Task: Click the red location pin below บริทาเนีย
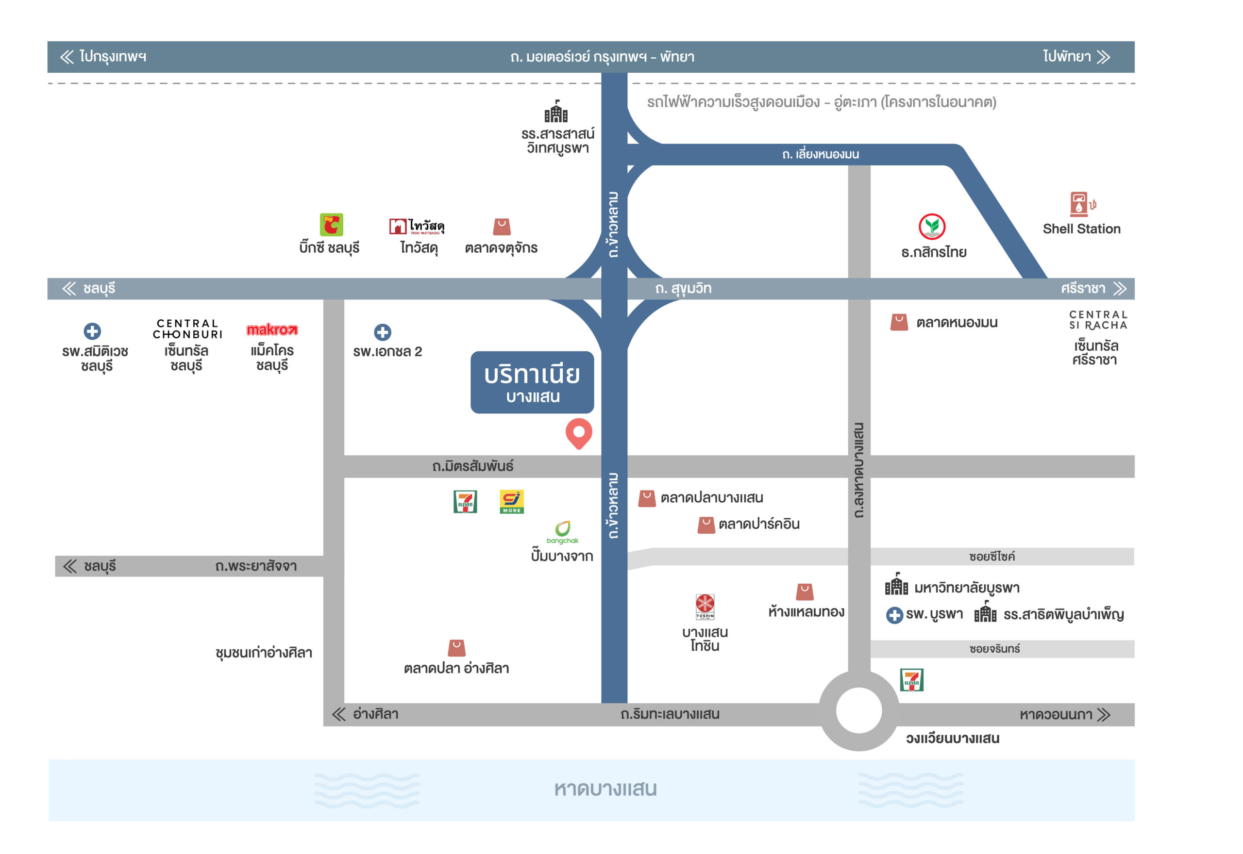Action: point(579,433)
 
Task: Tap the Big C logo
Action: point(331,225)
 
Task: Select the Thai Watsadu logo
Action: point(417,226)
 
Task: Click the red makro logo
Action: point(272,329)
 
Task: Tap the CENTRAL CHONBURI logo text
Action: point(187,329)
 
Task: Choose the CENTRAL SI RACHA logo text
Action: point(1098,320)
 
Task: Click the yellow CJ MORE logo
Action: point(511,502)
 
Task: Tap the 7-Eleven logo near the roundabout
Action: point(912,680)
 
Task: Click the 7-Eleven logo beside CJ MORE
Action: point(465,502)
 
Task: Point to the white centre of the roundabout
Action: point(858,710)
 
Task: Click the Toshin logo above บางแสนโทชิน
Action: point(705,607)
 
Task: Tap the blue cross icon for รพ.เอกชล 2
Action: point(382,332)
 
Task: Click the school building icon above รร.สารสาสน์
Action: point(556,111)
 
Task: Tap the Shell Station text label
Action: point(1081,229)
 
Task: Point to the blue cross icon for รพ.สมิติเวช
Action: point(92,331)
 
